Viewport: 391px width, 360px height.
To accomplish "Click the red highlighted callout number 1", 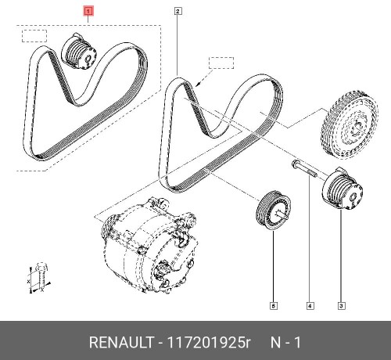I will tap(88, 12).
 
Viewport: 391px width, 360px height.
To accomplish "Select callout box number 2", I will tap(178, 12).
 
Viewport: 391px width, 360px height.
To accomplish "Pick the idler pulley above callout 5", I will tap(273, 210).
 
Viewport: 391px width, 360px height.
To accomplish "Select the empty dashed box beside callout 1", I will tap(34, 36).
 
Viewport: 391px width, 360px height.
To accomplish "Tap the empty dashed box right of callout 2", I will tap(221, 63).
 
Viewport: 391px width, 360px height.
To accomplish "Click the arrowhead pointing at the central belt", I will tap(201, 81).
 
